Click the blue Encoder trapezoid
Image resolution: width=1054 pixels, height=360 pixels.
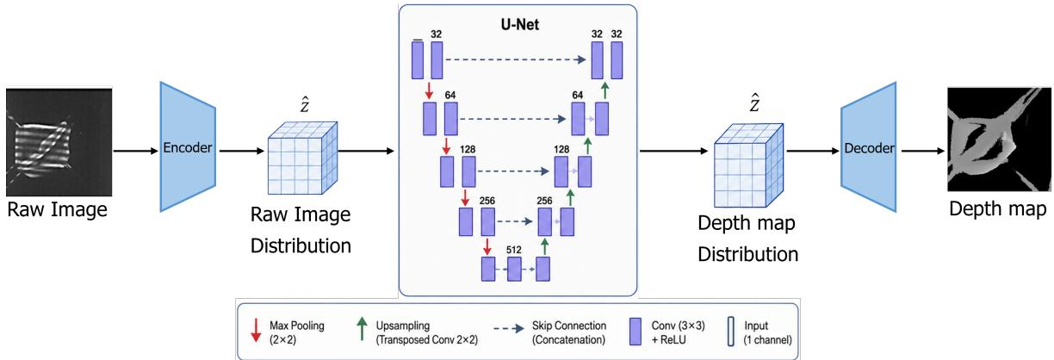[188, 146]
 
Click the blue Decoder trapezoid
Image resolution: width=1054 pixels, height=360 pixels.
[869, 147]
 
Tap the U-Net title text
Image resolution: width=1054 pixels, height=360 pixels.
[519, 24]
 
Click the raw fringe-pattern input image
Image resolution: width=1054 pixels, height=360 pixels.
[59, 141]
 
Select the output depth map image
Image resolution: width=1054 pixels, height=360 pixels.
[999, 140]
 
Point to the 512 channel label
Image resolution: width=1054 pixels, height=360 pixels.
[514, 250]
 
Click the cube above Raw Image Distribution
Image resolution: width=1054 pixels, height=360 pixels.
[302, 158]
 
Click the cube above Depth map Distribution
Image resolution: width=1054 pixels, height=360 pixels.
[748, 165]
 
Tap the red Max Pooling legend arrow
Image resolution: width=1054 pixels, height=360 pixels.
[256, 330]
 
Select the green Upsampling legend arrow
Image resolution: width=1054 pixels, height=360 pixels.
[362, 328]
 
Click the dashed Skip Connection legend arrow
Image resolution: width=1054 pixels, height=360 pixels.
[509, 328]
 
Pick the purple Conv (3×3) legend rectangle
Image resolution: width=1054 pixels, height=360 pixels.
[635, 332]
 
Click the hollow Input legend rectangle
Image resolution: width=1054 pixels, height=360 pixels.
[731, 332]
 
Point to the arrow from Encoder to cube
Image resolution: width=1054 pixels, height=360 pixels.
[242, 151]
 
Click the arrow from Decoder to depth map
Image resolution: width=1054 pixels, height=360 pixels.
[923, 151]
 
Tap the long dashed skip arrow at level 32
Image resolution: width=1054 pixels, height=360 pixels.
[516, 59]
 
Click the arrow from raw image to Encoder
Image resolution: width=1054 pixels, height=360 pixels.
[135, 151]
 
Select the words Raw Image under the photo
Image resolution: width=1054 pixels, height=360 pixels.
[58, 209]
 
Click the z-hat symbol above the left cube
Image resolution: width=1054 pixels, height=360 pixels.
[305, 104]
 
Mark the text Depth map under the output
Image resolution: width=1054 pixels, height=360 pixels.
[997, 208]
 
